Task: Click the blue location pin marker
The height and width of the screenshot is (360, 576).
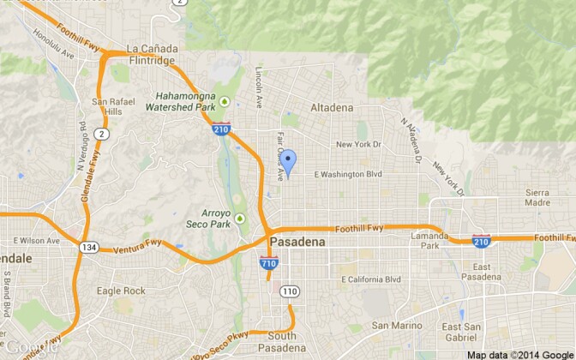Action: point(289,161)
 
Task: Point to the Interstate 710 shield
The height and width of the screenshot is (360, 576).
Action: point(268,264)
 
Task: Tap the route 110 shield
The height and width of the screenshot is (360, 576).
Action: point(289,292)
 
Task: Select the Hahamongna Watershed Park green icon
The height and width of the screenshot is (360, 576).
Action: point(225,101)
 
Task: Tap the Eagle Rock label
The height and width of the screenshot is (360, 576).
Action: point(120,291)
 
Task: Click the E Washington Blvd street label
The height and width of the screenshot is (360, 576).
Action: point(347,174)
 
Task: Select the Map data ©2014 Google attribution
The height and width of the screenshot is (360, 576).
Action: point(519,354)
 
